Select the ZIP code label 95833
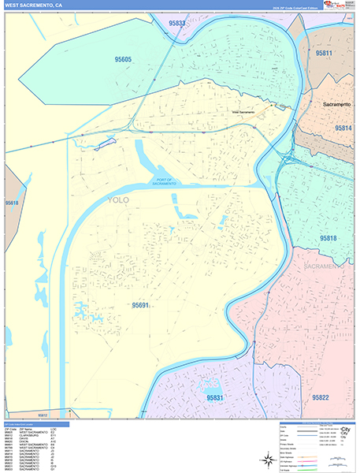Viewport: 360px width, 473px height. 178,24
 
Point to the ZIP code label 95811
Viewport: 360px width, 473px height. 323,53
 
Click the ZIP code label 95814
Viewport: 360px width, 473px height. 343,128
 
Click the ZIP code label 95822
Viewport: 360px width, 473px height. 321,398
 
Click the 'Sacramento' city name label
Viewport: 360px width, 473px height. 340,103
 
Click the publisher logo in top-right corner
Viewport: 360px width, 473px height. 340,6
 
